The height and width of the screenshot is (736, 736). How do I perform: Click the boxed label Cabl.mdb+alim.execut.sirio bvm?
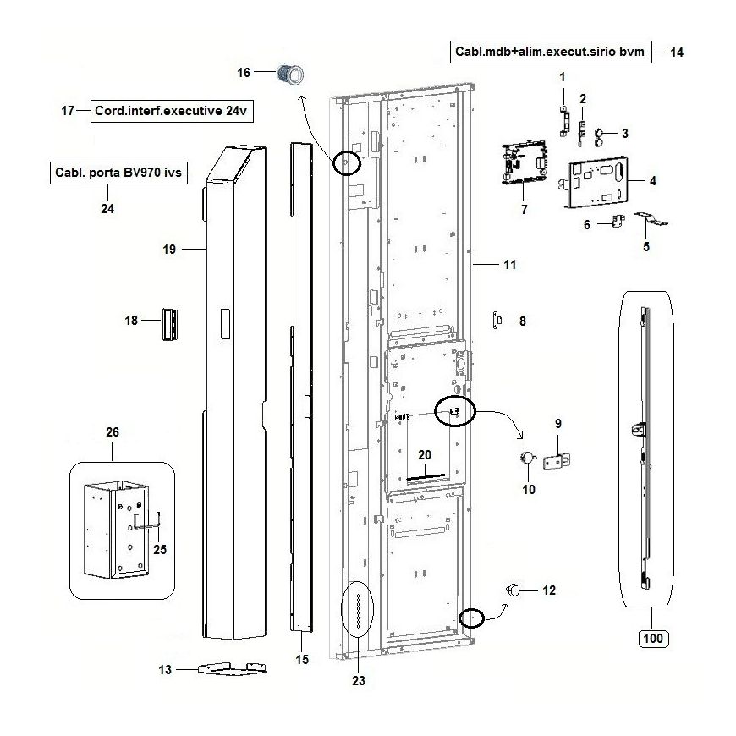(550, 52)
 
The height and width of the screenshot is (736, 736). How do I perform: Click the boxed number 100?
(651, 638)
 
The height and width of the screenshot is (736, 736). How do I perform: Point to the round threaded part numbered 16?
(293, 74)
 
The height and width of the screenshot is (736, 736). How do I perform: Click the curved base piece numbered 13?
(231, 668)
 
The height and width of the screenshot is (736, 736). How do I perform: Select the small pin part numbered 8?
(498, 320)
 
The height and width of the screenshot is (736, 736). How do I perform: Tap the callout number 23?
(359, 679)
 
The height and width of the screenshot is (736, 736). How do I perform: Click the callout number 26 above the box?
(113, 431)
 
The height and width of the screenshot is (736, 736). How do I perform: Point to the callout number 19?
(168, 249)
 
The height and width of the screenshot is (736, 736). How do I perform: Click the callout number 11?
(508, 265)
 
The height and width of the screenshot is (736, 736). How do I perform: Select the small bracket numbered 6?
(617, 222)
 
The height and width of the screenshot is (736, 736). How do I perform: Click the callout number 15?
(301, 659)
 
